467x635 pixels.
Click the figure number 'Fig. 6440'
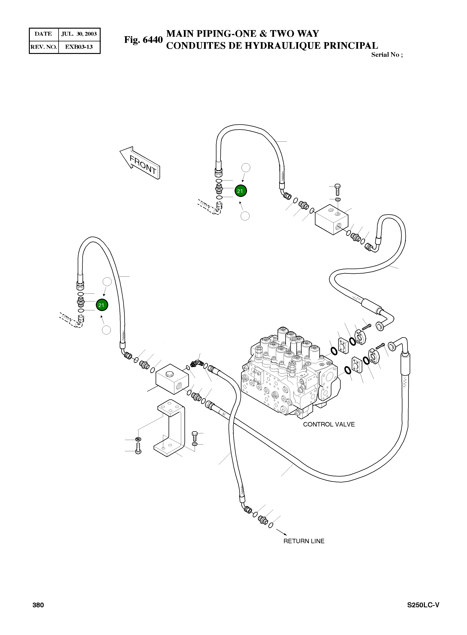click(143, 40)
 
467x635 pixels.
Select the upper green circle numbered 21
click(241, 191)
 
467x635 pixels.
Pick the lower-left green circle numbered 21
click(102, 305)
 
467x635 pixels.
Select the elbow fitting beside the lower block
click(195, 363)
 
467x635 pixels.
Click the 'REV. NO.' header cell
click(44, 47)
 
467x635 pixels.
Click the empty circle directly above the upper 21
click(246, 168)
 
